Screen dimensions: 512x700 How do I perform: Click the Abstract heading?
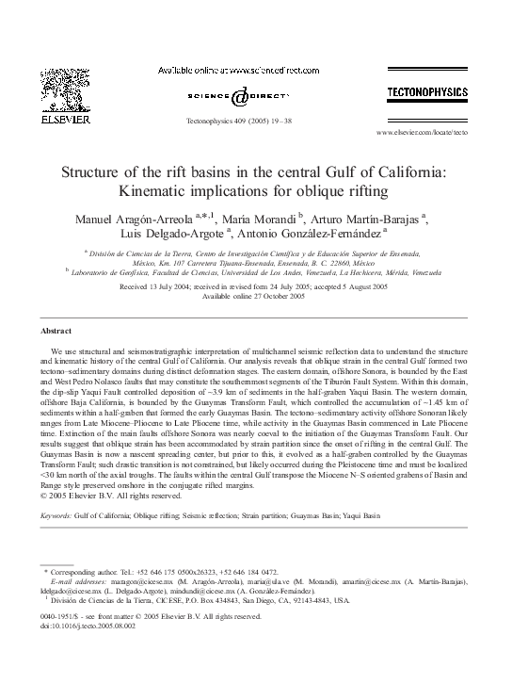(56, 332)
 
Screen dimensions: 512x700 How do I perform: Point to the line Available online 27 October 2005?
(255, 296)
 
